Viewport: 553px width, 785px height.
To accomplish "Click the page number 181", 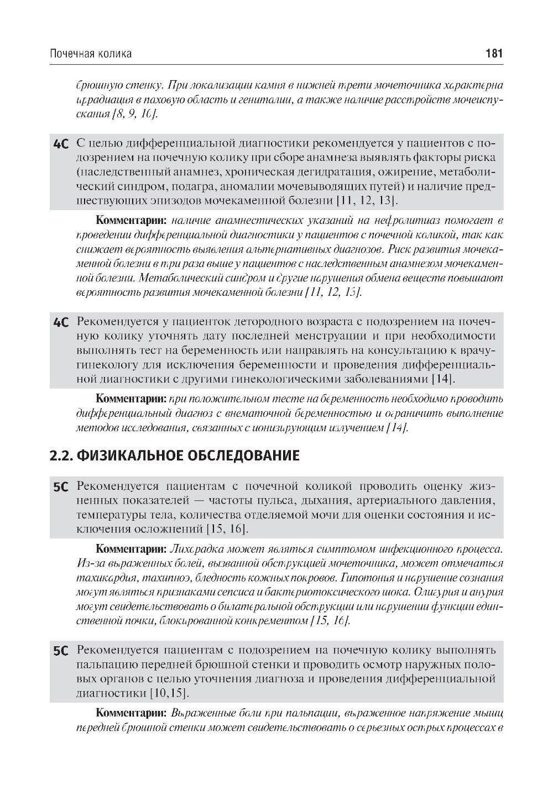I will click(493, 54).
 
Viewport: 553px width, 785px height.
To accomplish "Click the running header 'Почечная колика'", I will click(91, 54).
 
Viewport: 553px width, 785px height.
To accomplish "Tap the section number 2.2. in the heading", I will click(61, 456).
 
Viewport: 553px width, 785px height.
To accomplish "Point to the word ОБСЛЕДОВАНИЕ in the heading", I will click(243, 456).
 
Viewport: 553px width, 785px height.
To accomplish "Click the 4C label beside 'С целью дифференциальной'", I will click(61, 144).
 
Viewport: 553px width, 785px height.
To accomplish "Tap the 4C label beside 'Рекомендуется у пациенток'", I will click(61, 322).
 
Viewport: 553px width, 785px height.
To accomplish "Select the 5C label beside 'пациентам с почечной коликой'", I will click(61, 487).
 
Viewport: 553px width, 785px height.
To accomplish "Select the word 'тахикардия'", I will click(103, 578).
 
